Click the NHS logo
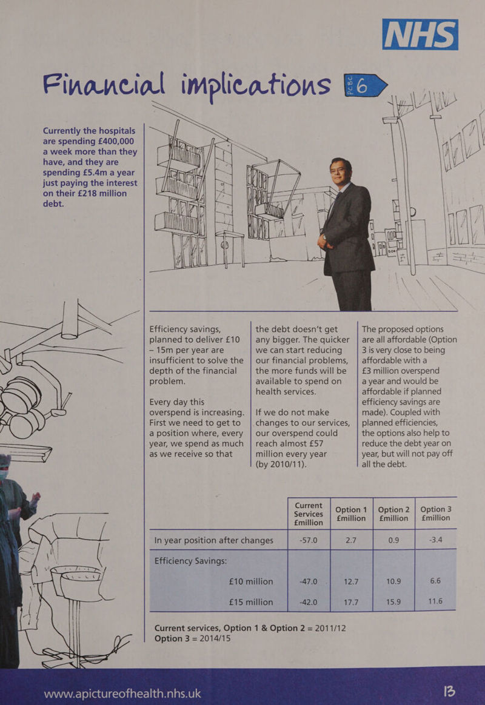click(420, 34)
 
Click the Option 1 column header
click(351, 514)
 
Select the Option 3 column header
click(435, 514)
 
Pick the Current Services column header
click(309, 514)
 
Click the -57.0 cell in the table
click(308, 540)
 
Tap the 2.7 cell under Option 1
click(351, 540)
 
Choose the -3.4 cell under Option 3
click(435, 540)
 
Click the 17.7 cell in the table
click(351, 602)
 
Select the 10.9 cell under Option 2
click(393, 581)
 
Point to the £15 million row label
click(250, 602)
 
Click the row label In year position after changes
click(214, 540)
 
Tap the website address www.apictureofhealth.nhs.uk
click(122, 693)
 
